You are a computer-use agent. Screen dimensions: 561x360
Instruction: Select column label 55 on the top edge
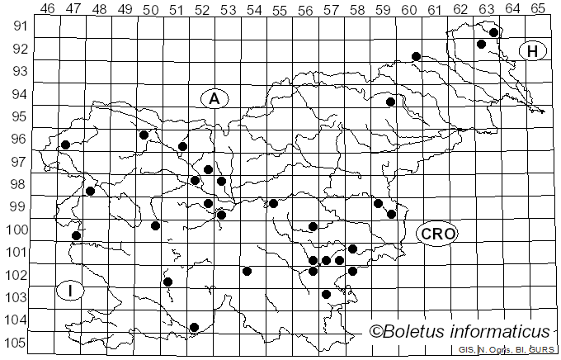[x=279, y=8]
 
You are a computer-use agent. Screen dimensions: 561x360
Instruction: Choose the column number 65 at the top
[x=537, y=8]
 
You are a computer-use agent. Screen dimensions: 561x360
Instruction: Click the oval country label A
[x=214, y=98]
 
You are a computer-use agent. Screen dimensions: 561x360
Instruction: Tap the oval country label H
[x=533, y=51]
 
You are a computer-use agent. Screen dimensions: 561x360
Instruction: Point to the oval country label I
[x=72, y=290]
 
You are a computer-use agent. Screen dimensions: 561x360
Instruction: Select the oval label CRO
[x=437, y=234]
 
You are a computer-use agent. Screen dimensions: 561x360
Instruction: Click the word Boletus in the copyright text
[x=416, y=332]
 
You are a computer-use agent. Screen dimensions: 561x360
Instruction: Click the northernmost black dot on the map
[x=493, y=33]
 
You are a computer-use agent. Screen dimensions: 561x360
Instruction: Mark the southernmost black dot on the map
[x=195, y=327]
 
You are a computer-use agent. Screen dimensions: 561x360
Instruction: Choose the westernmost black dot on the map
[x=65, y=144]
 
